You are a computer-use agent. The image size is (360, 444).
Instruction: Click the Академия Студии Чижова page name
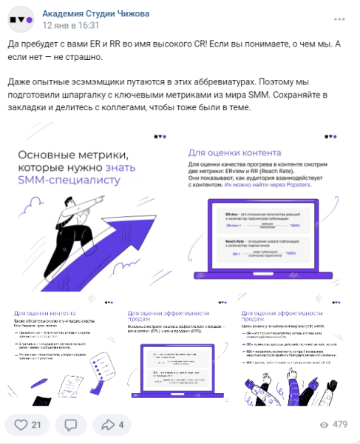[x=95, y=13]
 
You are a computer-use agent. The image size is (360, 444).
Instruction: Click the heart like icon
[x=21, y=425]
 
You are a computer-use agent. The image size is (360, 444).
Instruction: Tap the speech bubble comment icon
[x=71, y=425]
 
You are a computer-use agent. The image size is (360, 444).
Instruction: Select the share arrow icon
[x=109, y=425]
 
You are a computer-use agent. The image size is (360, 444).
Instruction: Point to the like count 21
[x=36, y=425]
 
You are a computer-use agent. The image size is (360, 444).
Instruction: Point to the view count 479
[x=340, y=425]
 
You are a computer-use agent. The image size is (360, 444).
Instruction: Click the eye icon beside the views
[x=323, y=425]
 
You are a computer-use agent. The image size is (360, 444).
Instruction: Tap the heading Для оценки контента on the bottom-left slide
[x=41, y=312]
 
